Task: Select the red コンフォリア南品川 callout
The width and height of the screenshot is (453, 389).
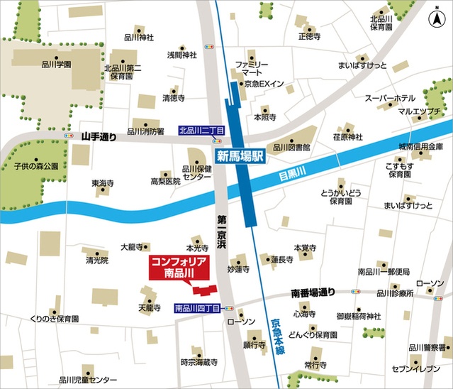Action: pos(178,268)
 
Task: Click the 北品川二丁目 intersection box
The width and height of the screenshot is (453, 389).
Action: pos(201,131)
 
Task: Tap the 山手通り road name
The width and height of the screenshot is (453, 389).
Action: pos(98,136)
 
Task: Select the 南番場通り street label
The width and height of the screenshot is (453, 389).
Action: pos(313,292)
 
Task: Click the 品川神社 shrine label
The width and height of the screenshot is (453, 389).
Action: pos(138,38)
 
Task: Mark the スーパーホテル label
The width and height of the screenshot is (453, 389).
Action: pos(389,98)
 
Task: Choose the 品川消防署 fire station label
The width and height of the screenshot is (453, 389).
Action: pos(145,131)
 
